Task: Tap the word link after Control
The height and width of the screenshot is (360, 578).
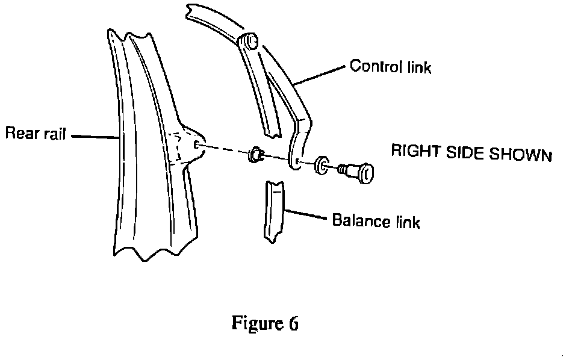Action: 417,67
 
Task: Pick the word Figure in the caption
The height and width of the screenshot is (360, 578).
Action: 253,323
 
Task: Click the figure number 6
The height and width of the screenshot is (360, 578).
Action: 292,323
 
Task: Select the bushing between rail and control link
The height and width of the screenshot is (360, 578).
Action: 253,154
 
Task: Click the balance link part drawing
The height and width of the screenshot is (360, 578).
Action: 273,213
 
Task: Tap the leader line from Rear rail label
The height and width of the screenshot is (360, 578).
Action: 95,136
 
